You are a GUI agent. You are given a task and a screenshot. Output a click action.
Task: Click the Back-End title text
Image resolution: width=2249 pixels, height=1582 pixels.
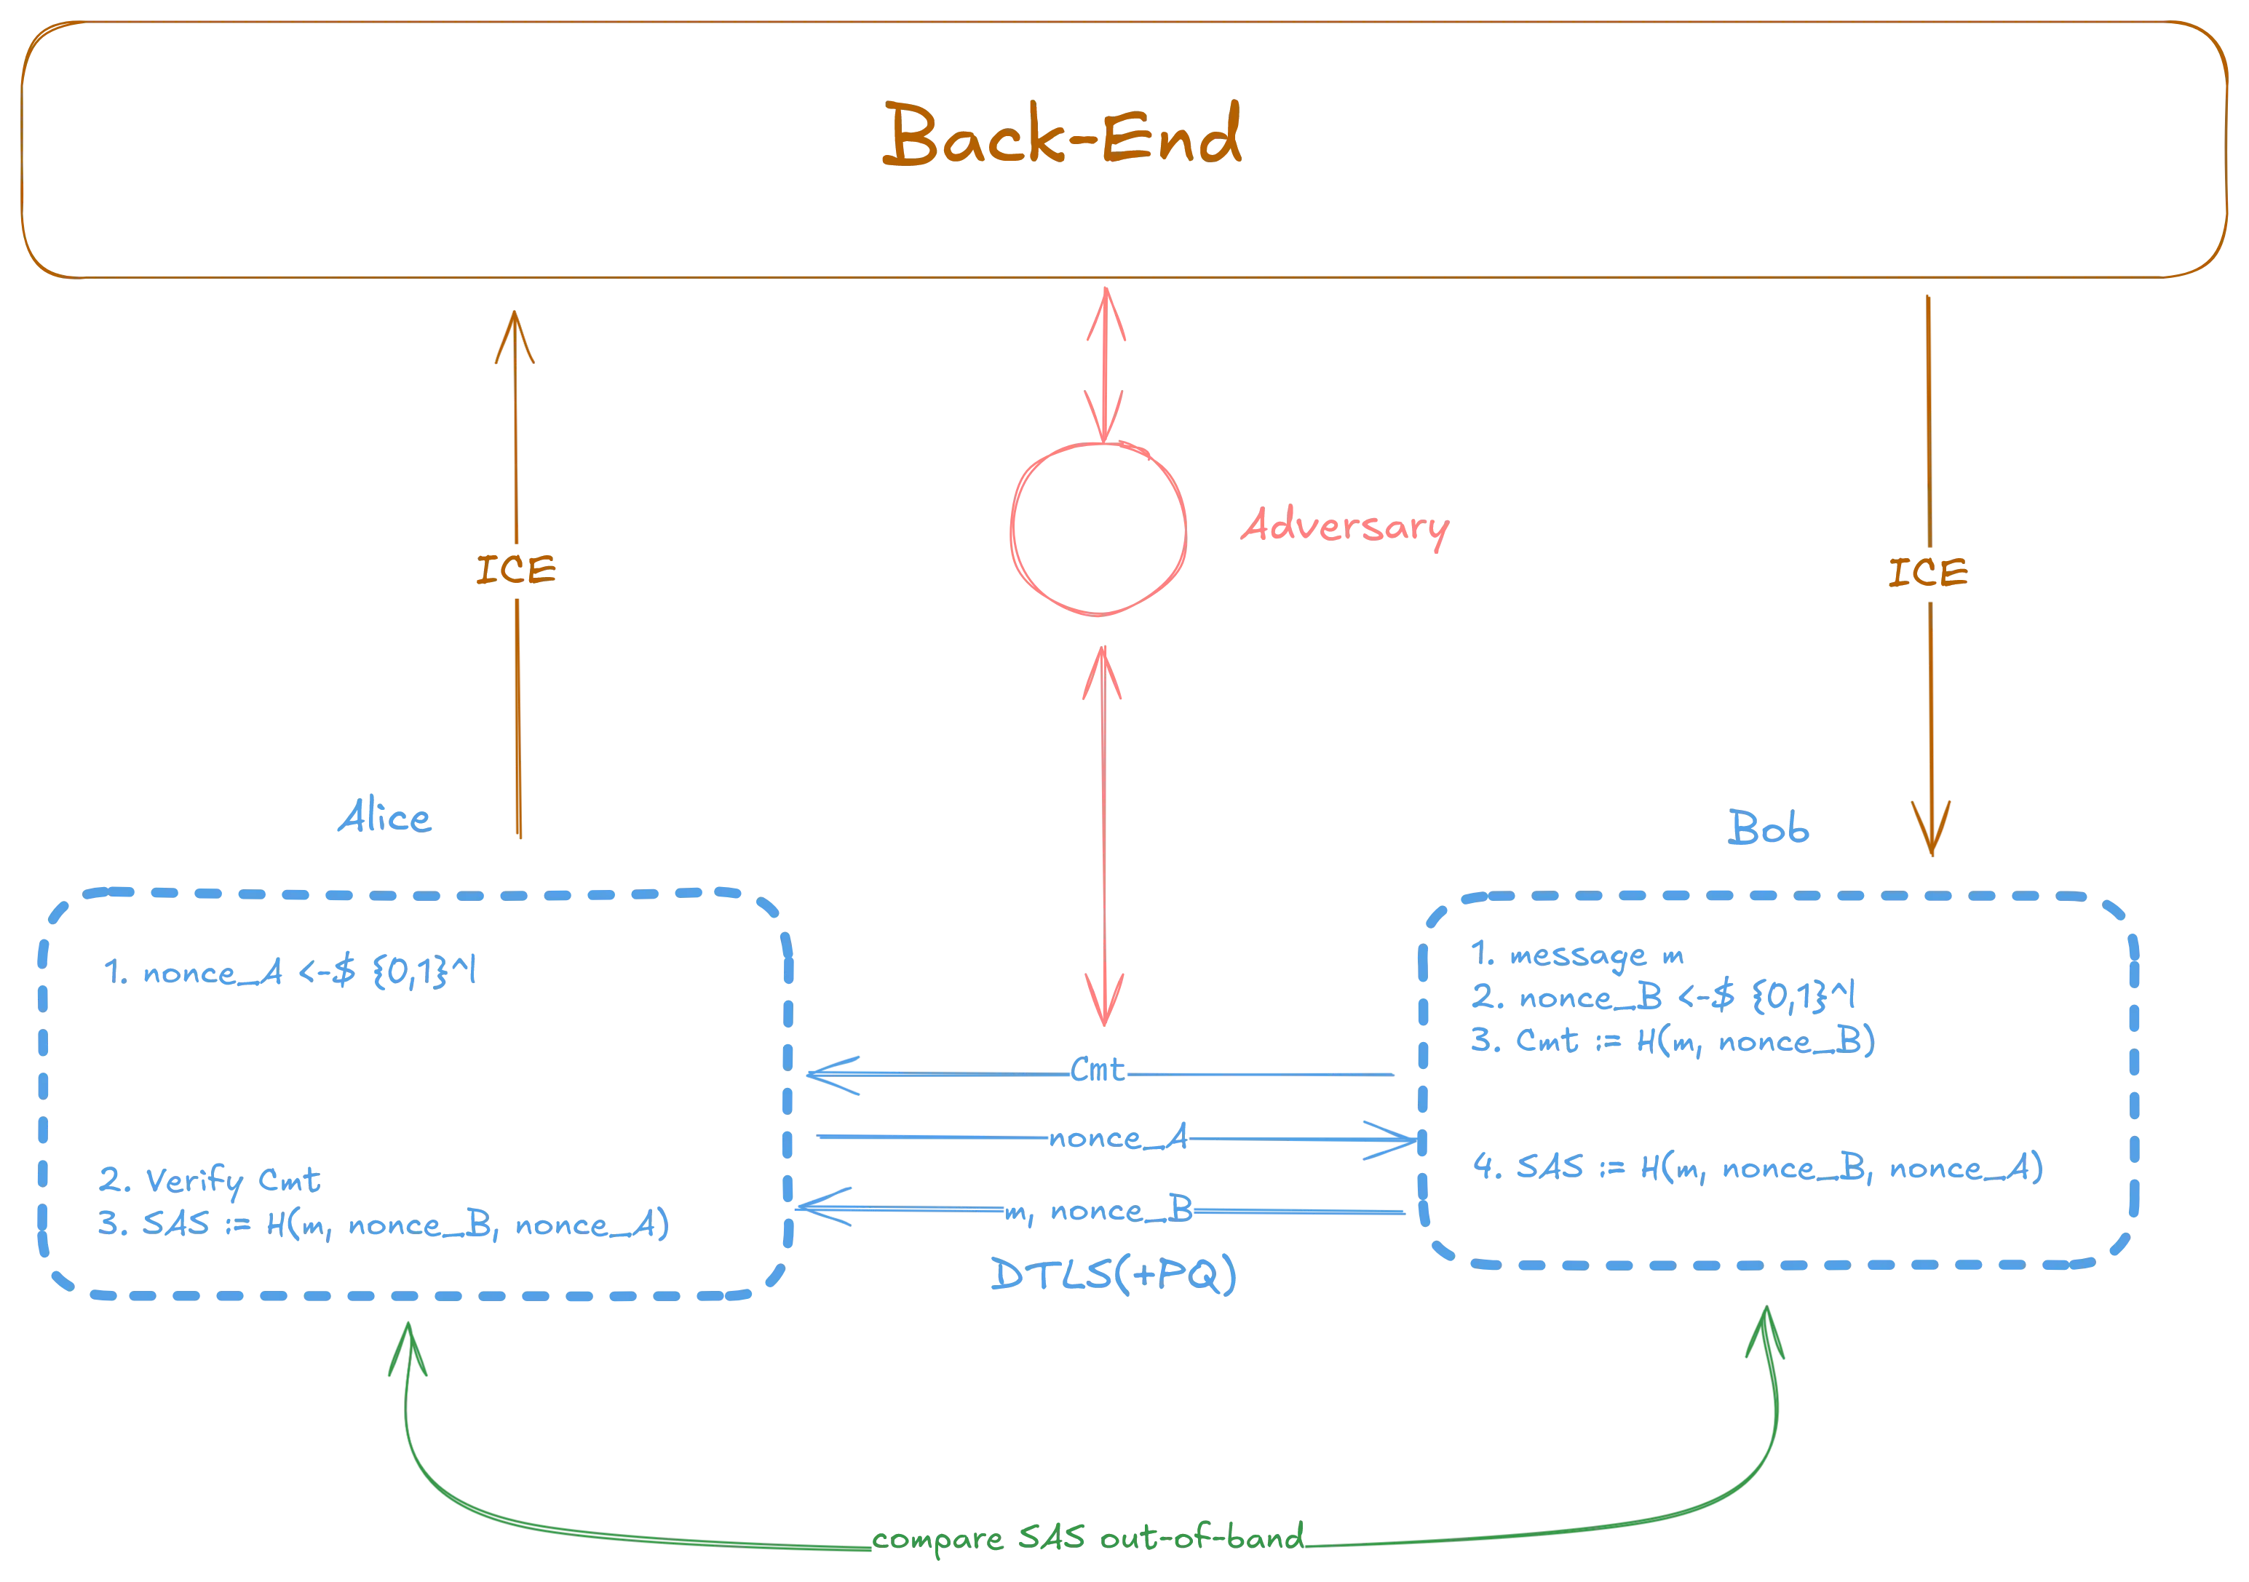click(1063, 137)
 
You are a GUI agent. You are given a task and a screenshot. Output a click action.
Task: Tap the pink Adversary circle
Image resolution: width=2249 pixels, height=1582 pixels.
click(1098, 529)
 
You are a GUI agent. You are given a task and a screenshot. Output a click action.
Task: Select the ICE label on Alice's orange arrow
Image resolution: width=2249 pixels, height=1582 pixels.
click(515, 571)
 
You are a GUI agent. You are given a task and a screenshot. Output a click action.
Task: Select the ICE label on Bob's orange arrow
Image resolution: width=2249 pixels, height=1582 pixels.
click(1927, 573)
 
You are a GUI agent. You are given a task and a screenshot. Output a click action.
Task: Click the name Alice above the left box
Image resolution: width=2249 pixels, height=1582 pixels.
click(384, 819)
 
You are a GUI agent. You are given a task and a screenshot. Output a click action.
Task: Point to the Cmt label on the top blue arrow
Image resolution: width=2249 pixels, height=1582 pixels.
click(1099, 1070)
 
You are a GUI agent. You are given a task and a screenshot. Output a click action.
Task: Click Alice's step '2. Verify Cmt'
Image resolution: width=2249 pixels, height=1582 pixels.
click(210, 1181)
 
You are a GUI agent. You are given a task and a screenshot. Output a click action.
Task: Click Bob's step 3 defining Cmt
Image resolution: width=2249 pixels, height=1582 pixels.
click(1670, 1041)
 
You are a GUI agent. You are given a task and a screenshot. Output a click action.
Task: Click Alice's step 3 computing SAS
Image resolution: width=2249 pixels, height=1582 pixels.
click(382, 1225)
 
